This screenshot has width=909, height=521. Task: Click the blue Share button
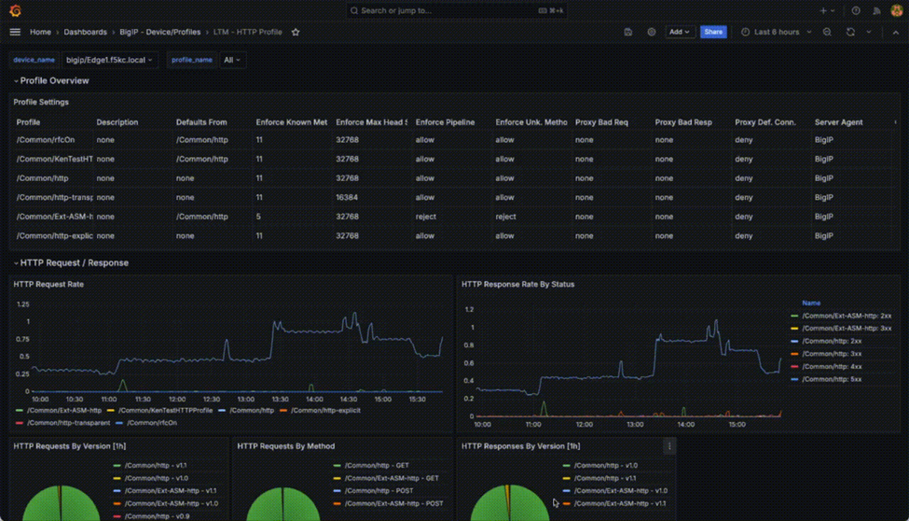713,32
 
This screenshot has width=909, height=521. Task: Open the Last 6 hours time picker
777,32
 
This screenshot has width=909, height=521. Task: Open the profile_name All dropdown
231,60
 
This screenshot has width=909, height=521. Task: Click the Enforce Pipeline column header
445,122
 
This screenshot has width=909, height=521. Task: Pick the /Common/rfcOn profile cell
46,140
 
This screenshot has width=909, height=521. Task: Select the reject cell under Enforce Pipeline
425,217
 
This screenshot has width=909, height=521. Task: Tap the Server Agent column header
838,122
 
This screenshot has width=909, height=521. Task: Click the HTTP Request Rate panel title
48,284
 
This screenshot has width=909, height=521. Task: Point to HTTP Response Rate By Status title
517,284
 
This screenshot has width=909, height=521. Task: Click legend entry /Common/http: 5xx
832,379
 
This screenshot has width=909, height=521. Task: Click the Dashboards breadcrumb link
85,32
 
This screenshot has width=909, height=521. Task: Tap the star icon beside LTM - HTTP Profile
296,32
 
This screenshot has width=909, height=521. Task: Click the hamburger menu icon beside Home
15,32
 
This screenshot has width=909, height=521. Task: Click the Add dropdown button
680,32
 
